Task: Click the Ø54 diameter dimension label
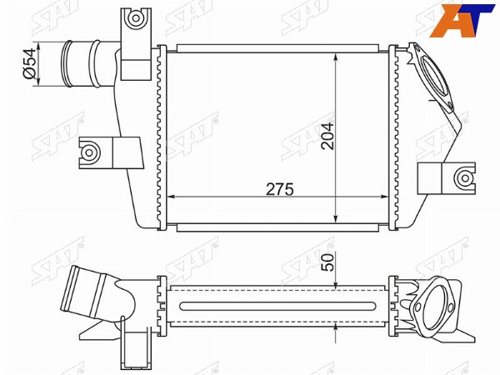coord(28,64)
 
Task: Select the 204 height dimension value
coord(327,136)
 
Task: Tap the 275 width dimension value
coord(280,189)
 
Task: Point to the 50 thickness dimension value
coord(327,262)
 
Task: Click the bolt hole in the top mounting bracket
coord(136,17)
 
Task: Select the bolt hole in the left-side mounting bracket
coord(89,152)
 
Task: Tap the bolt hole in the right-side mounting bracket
coord(465,178)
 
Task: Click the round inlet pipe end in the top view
coord(67,63)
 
